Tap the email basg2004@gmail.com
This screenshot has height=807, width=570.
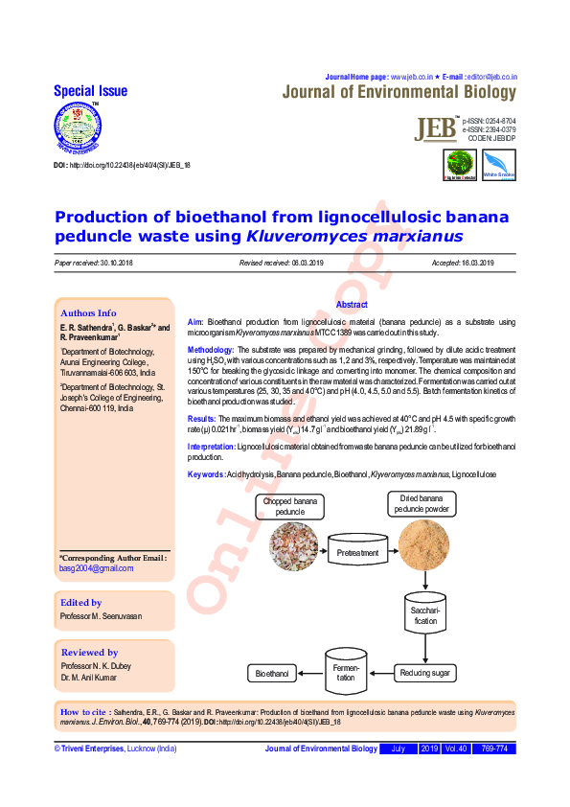tap(97, 568)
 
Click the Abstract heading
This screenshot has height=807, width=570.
tap(352, 304)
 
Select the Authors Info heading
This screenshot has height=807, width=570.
tap(88, 312)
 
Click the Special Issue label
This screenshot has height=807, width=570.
tap(90, 91)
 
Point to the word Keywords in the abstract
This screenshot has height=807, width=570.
tap(206, 475)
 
